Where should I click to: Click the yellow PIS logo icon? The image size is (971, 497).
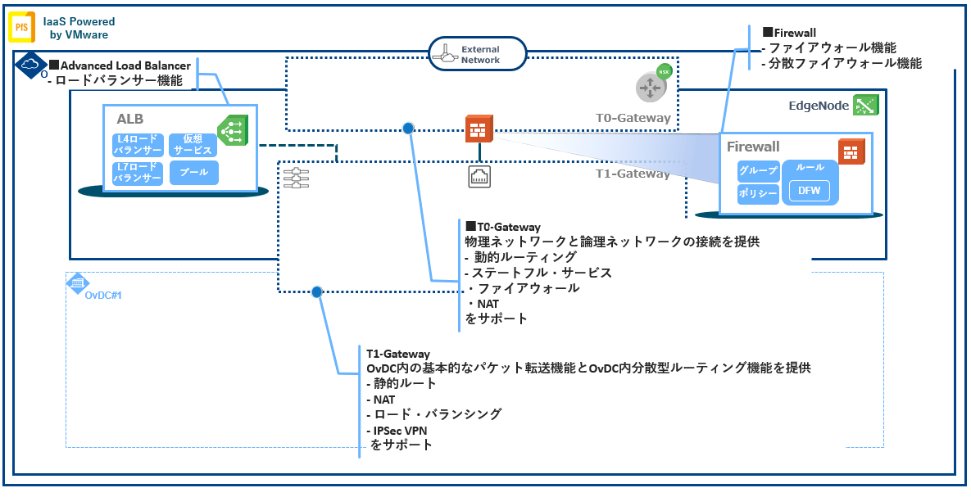point(21,27)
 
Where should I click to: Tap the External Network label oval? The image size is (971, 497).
point(477,54)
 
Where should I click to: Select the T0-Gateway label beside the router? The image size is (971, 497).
point(633,118)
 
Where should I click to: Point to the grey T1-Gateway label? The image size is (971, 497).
point(633,174)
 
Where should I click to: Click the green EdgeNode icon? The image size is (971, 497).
point(865,105)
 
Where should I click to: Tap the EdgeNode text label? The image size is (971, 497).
point(817,106)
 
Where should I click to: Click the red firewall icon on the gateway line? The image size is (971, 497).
point(479,129)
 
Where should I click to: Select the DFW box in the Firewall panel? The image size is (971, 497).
point(810,192)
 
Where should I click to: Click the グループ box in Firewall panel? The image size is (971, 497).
point(758,171)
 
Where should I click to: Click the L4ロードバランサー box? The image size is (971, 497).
point(138,145)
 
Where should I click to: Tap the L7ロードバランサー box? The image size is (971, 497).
point(138,173)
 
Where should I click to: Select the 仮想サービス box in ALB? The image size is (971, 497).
point(193,145)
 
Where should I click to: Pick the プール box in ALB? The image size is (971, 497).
point(194,172)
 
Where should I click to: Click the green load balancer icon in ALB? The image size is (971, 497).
point(232,131)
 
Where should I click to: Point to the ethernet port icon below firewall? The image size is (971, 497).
point(479,177)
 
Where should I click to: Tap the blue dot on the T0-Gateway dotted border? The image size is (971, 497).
point(408,129)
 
